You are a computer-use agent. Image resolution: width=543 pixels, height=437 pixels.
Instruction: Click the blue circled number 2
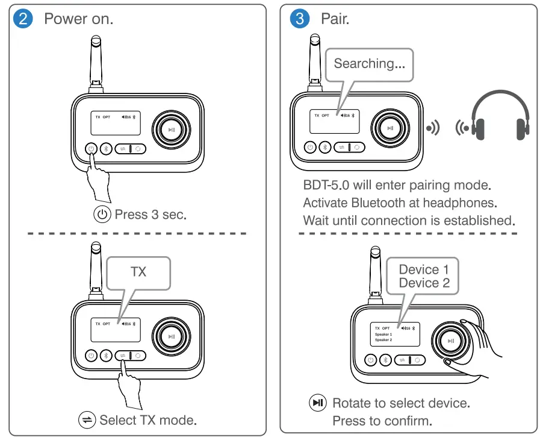click(23, 18)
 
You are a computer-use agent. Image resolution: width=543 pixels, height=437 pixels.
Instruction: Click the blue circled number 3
click(299, 18)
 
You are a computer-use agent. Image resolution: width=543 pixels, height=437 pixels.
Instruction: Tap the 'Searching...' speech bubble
click(369, 63)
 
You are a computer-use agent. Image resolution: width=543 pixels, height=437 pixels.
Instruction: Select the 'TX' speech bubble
click(138, 272)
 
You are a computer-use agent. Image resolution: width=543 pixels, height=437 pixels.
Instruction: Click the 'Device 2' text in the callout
click(424, 283)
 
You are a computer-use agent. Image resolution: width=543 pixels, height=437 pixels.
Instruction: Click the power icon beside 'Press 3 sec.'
click(102, 215)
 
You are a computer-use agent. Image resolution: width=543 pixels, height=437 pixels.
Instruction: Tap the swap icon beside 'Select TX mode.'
click(87, 420)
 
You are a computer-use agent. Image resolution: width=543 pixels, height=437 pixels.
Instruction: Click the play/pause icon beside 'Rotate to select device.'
click(317, 403)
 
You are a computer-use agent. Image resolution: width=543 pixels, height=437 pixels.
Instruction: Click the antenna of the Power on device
click(96, 63)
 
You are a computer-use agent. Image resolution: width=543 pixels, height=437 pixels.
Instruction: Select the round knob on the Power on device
click(172, 129)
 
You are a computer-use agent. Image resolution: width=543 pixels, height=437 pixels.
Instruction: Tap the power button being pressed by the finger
click(90, 148)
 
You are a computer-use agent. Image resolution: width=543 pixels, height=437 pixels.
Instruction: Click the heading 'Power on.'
click(78, 18)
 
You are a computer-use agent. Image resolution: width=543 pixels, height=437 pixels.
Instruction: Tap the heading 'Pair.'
click(335, 18)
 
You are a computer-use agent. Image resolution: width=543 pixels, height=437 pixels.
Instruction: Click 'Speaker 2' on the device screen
click(383, 340)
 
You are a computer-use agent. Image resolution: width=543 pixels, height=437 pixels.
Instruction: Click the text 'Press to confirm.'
click(382, 421)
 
